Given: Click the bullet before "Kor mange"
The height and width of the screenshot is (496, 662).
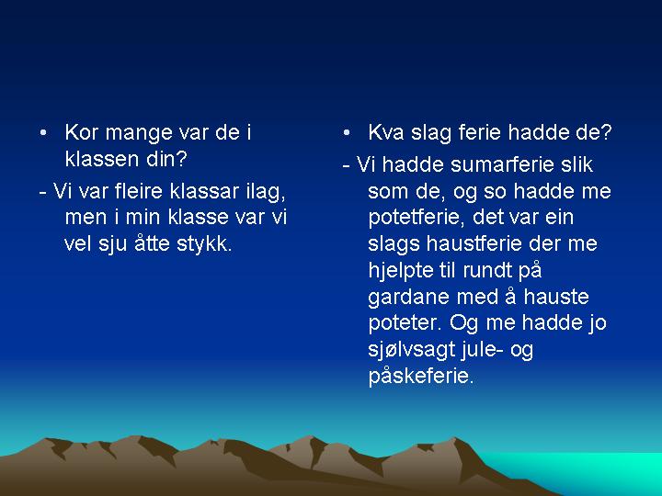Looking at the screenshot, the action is (x=42, y=133).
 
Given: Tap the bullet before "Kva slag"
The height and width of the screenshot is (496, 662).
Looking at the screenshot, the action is (x=347, y=133).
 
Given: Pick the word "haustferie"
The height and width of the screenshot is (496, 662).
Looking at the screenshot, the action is (x=474, y=243).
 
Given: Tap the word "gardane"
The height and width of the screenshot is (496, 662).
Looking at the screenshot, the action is (x=409, y=298).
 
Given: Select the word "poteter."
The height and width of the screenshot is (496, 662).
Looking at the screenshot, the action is (x=405, y=324).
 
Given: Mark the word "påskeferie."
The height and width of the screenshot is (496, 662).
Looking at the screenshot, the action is (x=421, y=377).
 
